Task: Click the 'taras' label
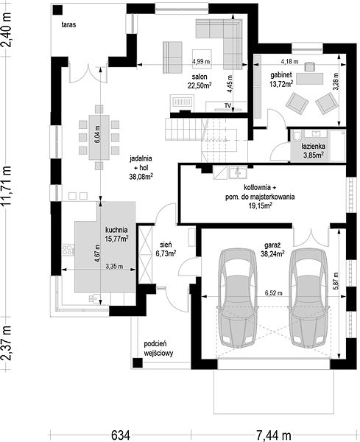click(68, 25)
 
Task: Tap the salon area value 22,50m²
click(200, 85)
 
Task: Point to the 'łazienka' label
click(313, 147)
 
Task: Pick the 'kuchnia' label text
click(116, 230)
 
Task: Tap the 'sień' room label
click(166, 245)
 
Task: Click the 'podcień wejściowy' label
click(158, 348)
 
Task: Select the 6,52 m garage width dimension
click(273, 293)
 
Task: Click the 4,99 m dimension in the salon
click(201, 61)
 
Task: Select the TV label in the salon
click(227, 105)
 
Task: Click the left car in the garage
click(237, 298)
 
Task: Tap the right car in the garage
click(308, 298)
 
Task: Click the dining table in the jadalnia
click(99, 137)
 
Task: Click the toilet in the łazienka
click(297, 136)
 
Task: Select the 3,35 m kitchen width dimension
click(114, 267)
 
